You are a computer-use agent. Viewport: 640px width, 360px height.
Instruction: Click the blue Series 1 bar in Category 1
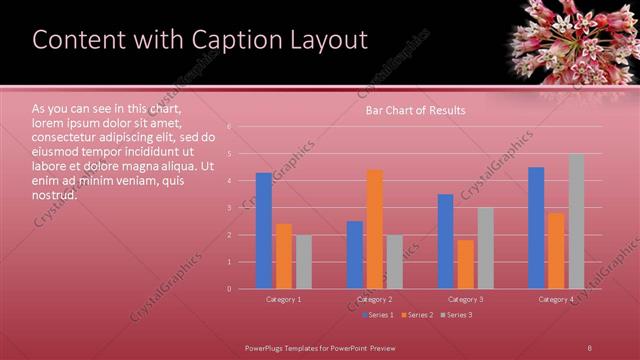click(x=264, y=231)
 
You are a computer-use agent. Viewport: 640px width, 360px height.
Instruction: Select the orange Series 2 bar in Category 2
click(x=375, y=229)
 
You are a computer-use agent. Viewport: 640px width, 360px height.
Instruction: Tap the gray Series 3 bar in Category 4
click(x=576, y=221)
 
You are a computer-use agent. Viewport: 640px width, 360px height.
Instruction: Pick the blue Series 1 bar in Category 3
click(x=445, y=241)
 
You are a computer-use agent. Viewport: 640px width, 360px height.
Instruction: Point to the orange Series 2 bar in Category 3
click(x=465, y=264)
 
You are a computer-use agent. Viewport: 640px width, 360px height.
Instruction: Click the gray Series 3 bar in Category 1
click(x=304, y=262)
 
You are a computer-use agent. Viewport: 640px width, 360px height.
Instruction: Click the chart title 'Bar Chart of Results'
click(x=415, y=111)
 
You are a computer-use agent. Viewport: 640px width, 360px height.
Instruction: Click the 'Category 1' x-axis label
click(x=284, y=299)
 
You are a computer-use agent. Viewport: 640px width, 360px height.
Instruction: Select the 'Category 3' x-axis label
click(x=465, y=299)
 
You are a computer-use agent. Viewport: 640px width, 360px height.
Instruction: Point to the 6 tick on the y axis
click(x=229, y=127)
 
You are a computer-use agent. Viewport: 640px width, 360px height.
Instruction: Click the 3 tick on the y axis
click(x=229, y=208)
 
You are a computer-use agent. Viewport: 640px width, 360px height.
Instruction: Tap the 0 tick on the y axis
click(x=229, y=289)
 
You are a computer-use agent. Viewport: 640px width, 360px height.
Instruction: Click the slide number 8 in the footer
click(x=589, y=346)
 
